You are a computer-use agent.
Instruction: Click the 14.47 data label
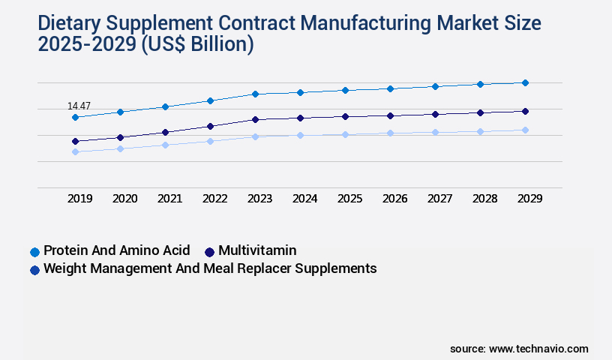pos(79,106)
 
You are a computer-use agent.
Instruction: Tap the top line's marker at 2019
pos(75,118)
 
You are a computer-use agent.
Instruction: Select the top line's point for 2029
pos(525,82)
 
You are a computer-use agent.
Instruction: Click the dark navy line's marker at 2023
pos(255,119)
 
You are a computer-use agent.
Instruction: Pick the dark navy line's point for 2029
pos(525,111)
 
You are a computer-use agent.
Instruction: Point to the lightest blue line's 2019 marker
pos(75,151)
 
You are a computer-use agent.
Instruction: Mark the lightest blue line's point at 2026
pos(390,133)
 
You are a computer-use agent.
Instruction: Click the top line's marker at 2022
pos(210,100)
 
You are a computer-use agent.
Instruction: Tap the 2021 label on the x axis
pos(169,199)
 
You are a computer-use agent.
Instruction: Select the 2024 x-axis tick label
pos(304,199)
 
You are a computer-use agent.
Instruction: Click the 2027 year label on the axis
pos(439,199)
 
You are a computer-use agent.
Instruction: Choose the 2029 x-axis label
pos(529,199)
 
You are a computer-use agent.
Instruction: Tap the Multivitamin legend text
pos(257,250)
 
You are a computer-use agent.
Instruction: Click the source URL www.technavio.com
pos(538,349)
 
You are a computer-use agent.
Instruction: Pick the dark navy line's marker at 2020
pos(120,137)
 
